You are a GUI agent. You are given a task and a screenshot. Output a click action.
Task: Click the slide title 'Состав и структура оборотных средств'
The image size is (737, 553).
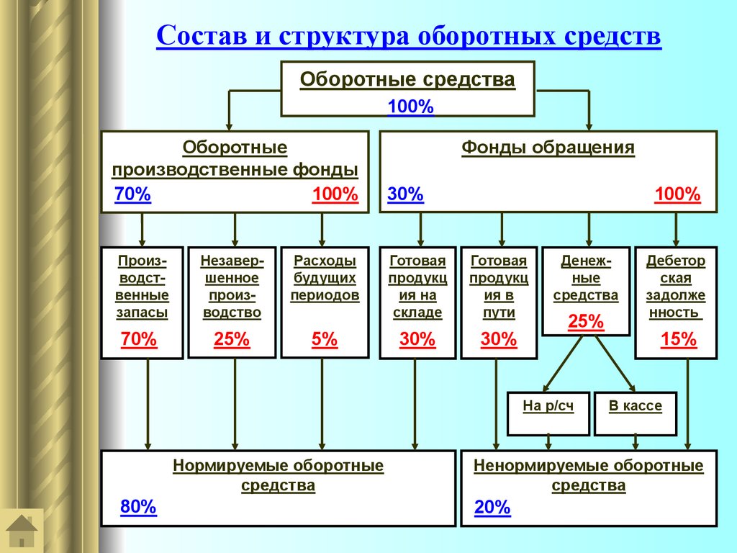pos(408,36)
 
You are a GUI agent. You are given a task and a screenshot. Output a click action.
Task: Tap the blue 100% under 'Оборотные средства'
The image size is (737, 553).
pos(410,107)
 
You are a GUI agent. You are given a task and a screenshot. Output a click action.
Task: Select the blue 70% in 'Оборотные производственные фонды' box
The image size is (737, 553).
pos(132,194)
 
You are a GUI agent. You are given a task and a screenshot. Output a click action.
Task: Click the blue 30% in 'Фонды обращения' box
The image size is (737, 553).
pos(405,194)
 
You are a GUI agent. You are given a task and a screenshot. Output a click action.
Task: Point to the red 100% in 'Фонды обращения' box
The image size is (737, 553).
pos(677,194)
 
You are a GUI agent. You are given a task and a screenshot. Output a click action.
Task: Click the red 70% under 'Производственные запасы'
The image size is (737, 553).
pos(139,339)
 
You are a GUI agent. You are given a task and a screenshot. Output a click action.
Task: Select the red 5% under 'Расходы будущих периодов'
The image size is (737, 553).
pos(325,339)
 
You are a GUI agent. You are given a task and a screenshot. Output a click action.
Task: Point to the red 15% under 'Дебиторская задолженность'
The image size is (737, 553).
pos(679,339)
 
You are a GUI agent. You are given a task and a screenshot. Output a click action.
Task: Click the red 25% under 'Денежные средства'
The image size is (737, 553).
pos(586,322)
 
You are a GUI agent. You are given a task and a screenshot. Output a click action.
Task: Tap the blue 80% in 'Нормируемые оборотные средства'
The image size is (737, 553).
pos(138,507)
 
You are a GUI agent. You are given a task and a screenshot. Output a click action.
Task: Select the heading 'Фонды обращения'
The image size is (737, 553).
pos(548,148)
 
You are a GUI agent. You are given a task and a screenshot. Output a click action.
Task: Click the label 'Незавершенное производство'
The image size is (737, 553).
pos(232,287)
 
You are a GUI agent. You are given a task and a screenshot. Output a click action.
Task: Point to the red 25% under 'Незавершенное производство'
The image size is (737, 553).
pos(232,339)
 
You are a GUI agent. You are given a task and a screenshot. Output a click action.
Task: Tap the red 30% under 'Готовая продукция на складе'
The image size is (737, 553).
pos(417,339)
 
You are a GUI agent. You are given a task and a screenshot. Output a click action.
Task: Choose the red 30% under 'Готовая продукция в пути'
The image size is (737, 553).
pos(499,339)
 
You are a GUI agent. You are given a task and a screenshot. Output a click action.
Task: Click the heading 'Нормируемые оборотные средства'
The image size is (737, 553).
pos(278,475)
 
